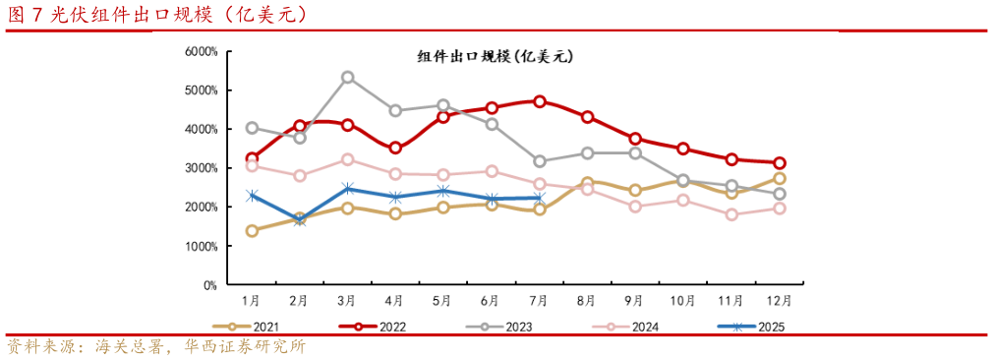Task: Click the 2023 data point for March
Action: pyautogui.click(x=347, y=77)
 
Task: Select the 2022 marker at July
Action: pyautogui.click(x=539, y=101)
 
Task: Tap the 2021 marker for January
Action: pyautogui.click(x=252, y=231)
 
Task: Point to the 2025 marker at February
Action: pyautogui.click(x=300, y=220)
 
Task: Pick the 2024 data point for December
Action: pyautogui.click(x=779, y=209)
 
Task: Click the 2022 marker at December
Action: pyautogui.click(x=779, y=163)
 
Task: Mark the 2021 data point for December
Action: pyautogui.click(x=779, y=178)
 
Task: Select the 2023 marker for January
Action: pyautogui.click(x=252, y=128)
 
